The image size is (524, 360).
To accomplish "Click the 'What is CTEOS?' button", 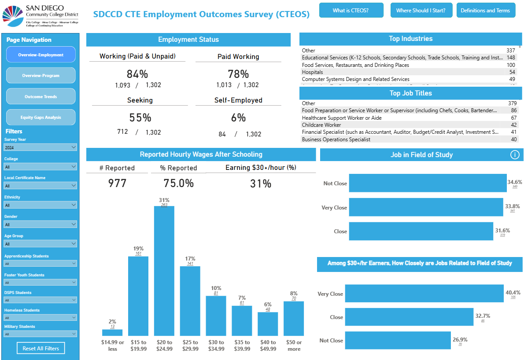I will point(351,10).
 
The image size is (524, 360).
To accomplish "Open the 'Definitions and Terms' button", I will point(485,10).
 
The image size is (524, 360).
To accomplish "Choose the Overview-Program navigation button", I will point(41,76).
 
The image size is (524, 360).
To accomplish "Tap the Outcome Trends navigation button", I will point(41,96).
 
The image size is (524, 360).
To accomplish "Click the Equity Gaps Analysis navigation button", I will point(41,118).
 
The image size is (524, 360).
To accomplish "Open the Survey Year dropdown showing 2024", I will point(41,148).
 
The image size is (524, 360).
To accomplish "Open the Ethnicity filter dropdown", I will point(41,205).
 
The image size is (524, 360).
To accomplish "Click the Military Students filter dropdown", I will point(41,334).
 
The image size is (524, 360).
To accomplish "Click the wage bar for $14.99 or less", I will point(112,333).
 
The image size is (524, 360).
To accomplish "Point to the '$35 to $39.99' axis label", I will point(242,345).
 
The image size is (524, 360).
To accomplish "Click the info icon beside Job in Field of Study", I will point(515,155).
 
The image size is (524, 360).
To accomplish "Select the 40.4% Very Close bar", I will point(424,294).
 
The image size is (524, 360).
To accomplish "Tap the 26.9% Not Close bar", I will point(398,341).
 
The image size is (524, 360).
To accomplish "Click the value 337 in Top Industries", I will point(510,51).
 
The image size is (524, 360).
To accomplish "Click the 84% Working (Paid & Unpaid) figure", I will point(137,74).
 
